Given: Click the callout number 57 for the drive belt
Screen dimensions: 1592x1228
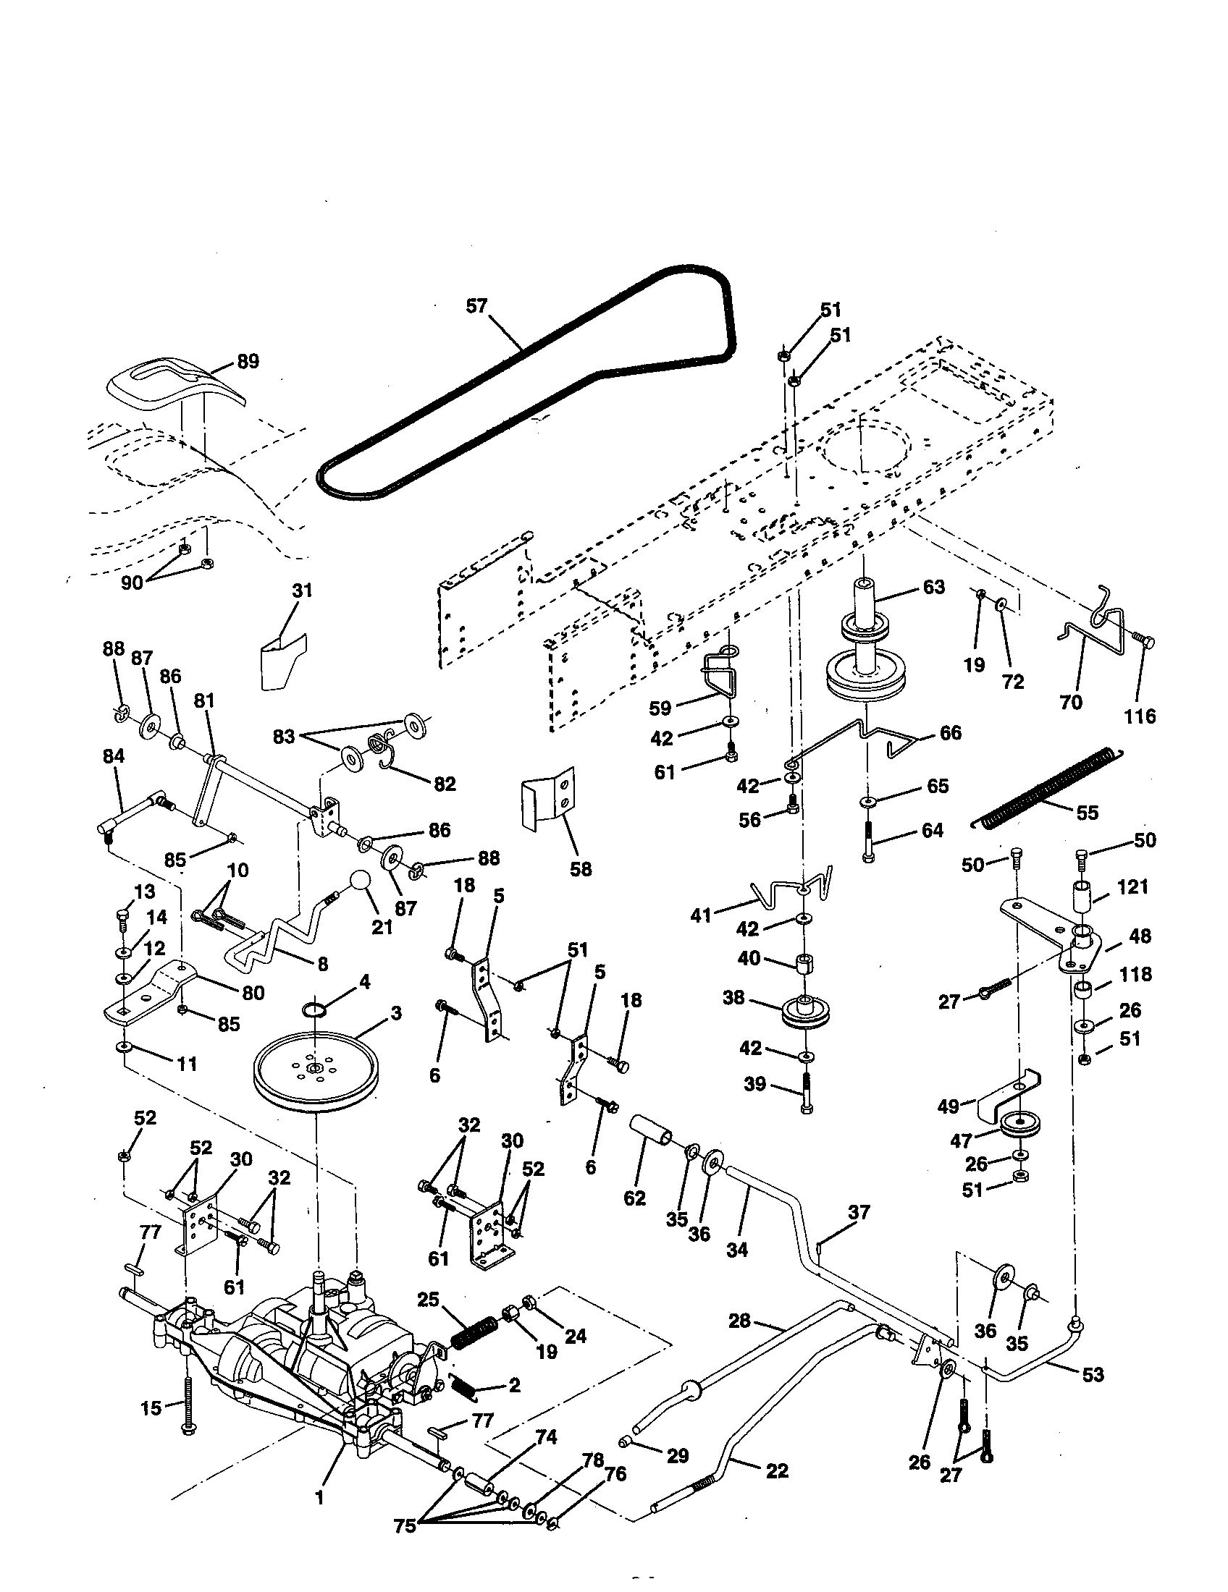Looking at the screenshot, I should (x=476, y=306).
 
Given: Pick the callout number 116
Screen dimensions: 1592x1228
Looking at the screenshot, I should (x=1139, y=716).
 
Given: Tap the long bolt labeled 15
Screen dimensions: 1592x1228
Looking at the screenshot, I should (x=188, y=1403).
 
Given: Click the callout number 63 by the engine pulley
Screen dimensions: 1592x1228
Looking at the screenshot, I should (x=933, y=587).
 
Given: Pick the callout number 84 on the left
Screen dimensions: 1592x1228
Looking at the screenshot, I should (x=114, y=756).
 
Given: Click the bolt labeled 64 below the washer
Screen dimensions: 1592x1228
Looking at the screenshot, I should (x=867, y=842).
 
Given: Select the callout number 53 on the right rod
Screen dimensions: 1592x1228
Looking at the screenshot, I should (x=1093, y=1375).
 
